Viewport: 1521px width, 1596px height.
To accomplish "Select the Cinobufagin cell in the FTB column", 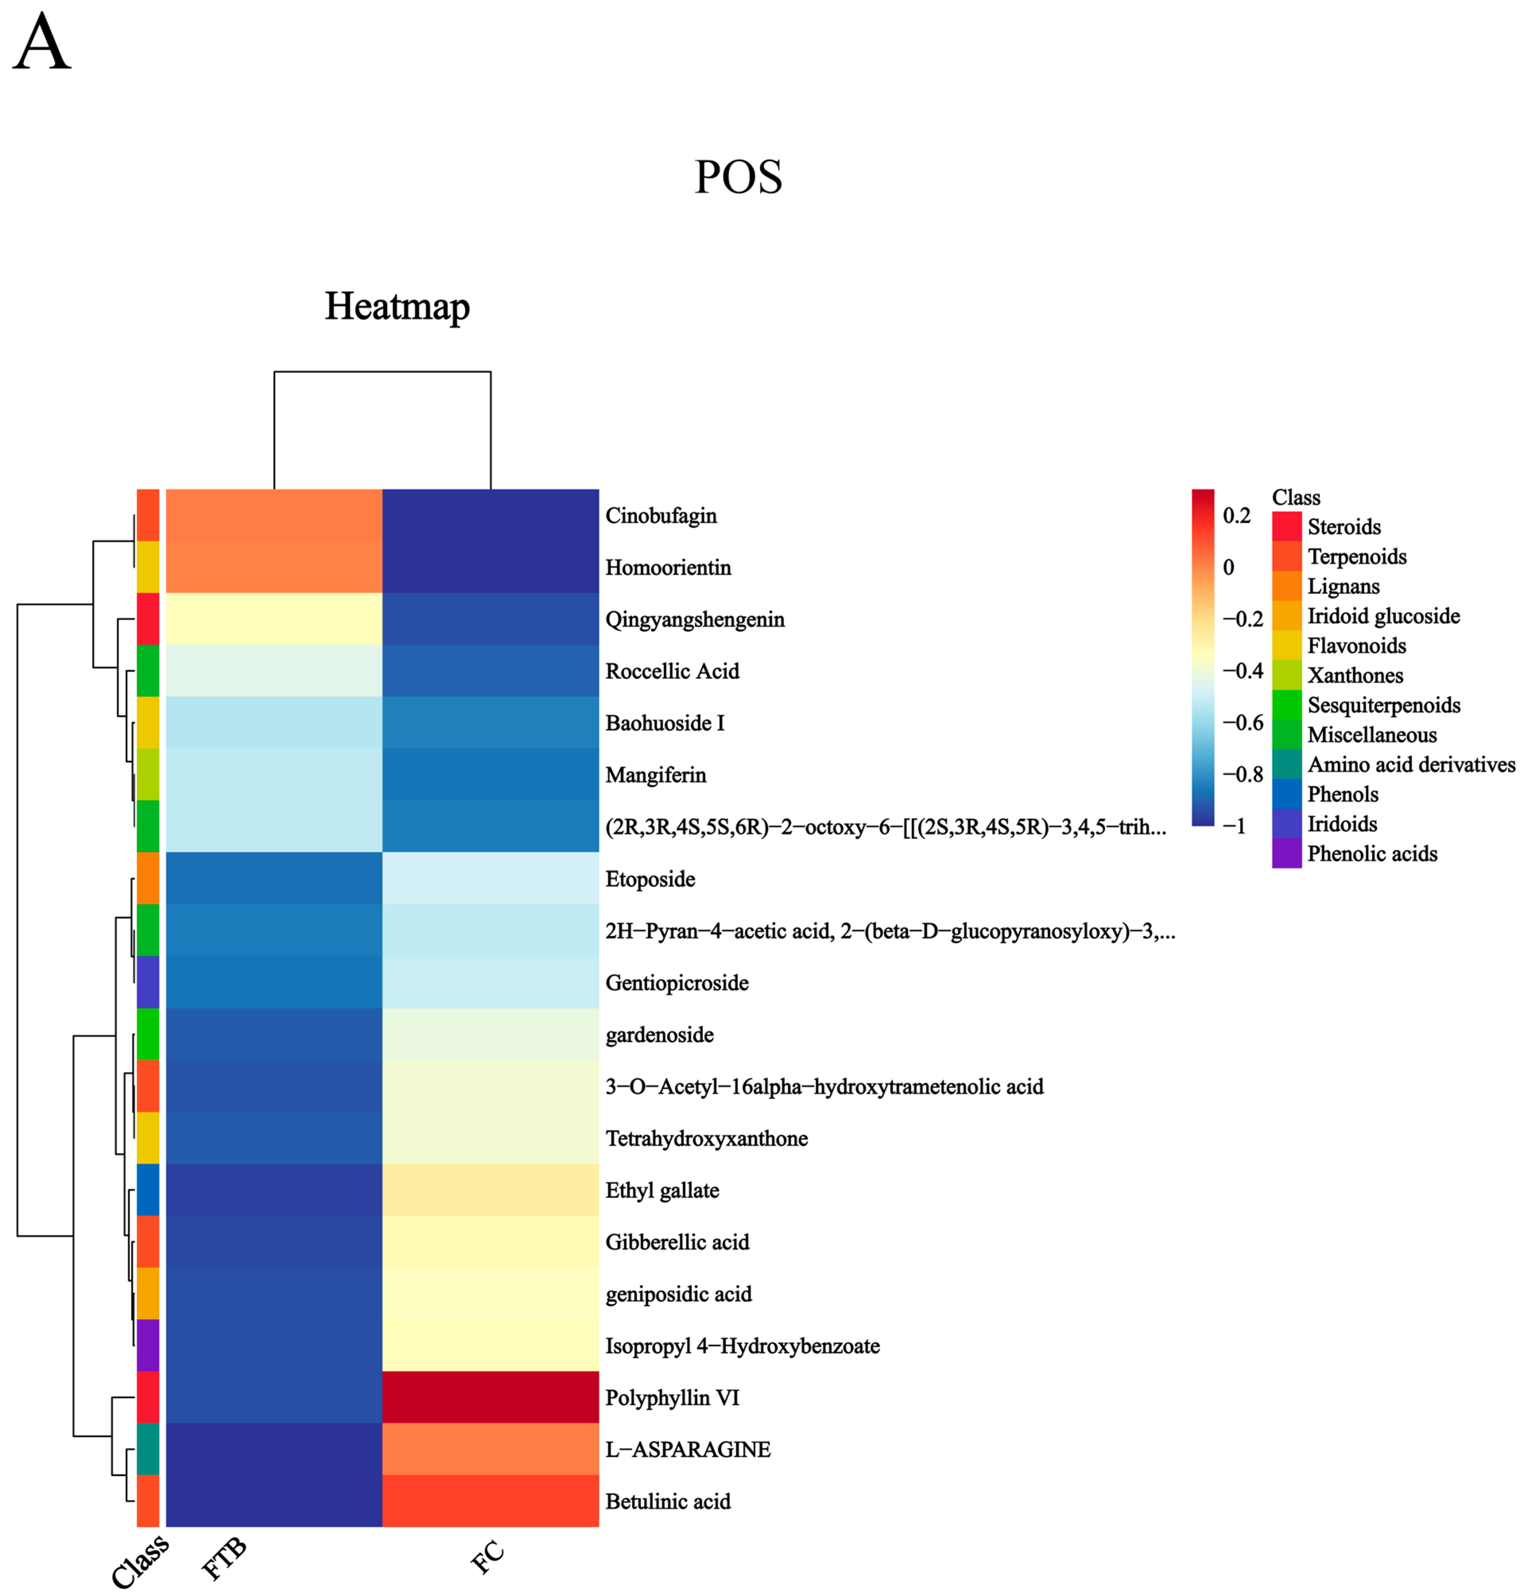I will [274, 515].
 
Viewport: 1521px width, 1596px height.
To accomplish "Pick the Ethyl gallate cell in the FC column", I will [490, 1190].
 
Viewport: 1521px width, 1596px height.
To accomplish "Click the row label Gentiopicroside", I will [677, 983].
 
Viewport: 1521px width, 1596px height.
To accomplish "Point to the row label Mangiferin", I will [655, 775].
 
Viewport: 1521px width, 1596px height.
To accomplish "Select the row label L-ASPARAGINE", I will [688, 1449].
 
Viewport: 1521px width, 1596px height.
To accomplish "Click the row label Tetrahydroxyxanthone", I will [706, 1138].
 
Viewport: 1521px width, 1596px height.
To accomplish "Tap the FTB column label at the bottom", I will [224, 1559].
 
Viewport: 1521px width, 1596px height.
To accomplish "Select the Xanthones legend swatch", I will [1287, 675].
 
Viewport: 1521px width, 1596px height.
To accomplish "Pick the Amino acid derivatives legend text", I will [1411, 765].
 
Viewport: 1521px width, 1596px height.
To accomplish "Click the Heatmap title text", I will [397, 306].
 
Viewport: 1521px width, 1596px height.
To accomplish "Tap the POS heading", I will [738, 177].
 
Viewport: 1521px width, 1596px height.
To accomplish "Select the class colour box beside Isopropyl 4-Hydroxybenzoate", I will [147, 1346].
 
